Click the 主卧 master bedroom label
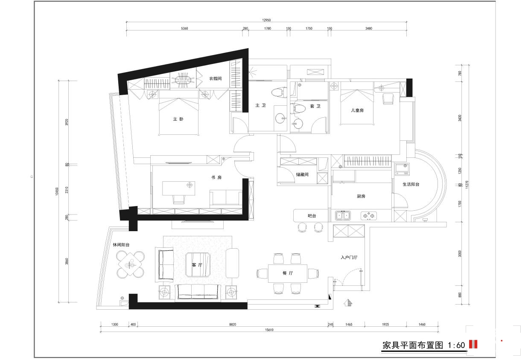[x=178, y=119]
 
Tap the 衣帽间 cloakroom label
[x=216, y=78]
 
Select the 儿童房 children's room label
[x=357, y=110]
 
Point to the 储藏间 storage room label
[x=302, y=174]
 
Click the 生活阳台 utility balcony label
[x=411, y=184]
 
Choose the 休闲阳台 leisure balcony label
[x=121, y=245]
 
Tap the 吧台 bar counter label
[x=312, y=216]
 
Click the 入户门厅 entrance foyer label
[x=349, y=257]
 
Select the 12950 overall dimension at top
[x=266, y=20]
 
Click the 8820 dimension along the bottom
[x=233, y=325]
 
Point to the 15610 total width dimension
[x=269, y=330]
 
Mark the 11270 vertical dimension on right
[x=467, y=185]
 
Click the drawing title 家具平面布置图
[x=413, y=345]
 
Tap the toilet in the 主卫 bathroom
[x=279, y=92]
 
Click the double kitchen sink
[x=343, y=216]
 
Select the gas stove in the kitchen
[x=369, y=216]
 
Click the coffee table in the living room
[x=198, y=265]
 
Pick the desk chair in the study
[x=178, y=199]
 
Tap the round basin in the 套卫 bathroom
[x=297, y=124]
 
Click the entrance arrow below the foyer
[x=348, y=303]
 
